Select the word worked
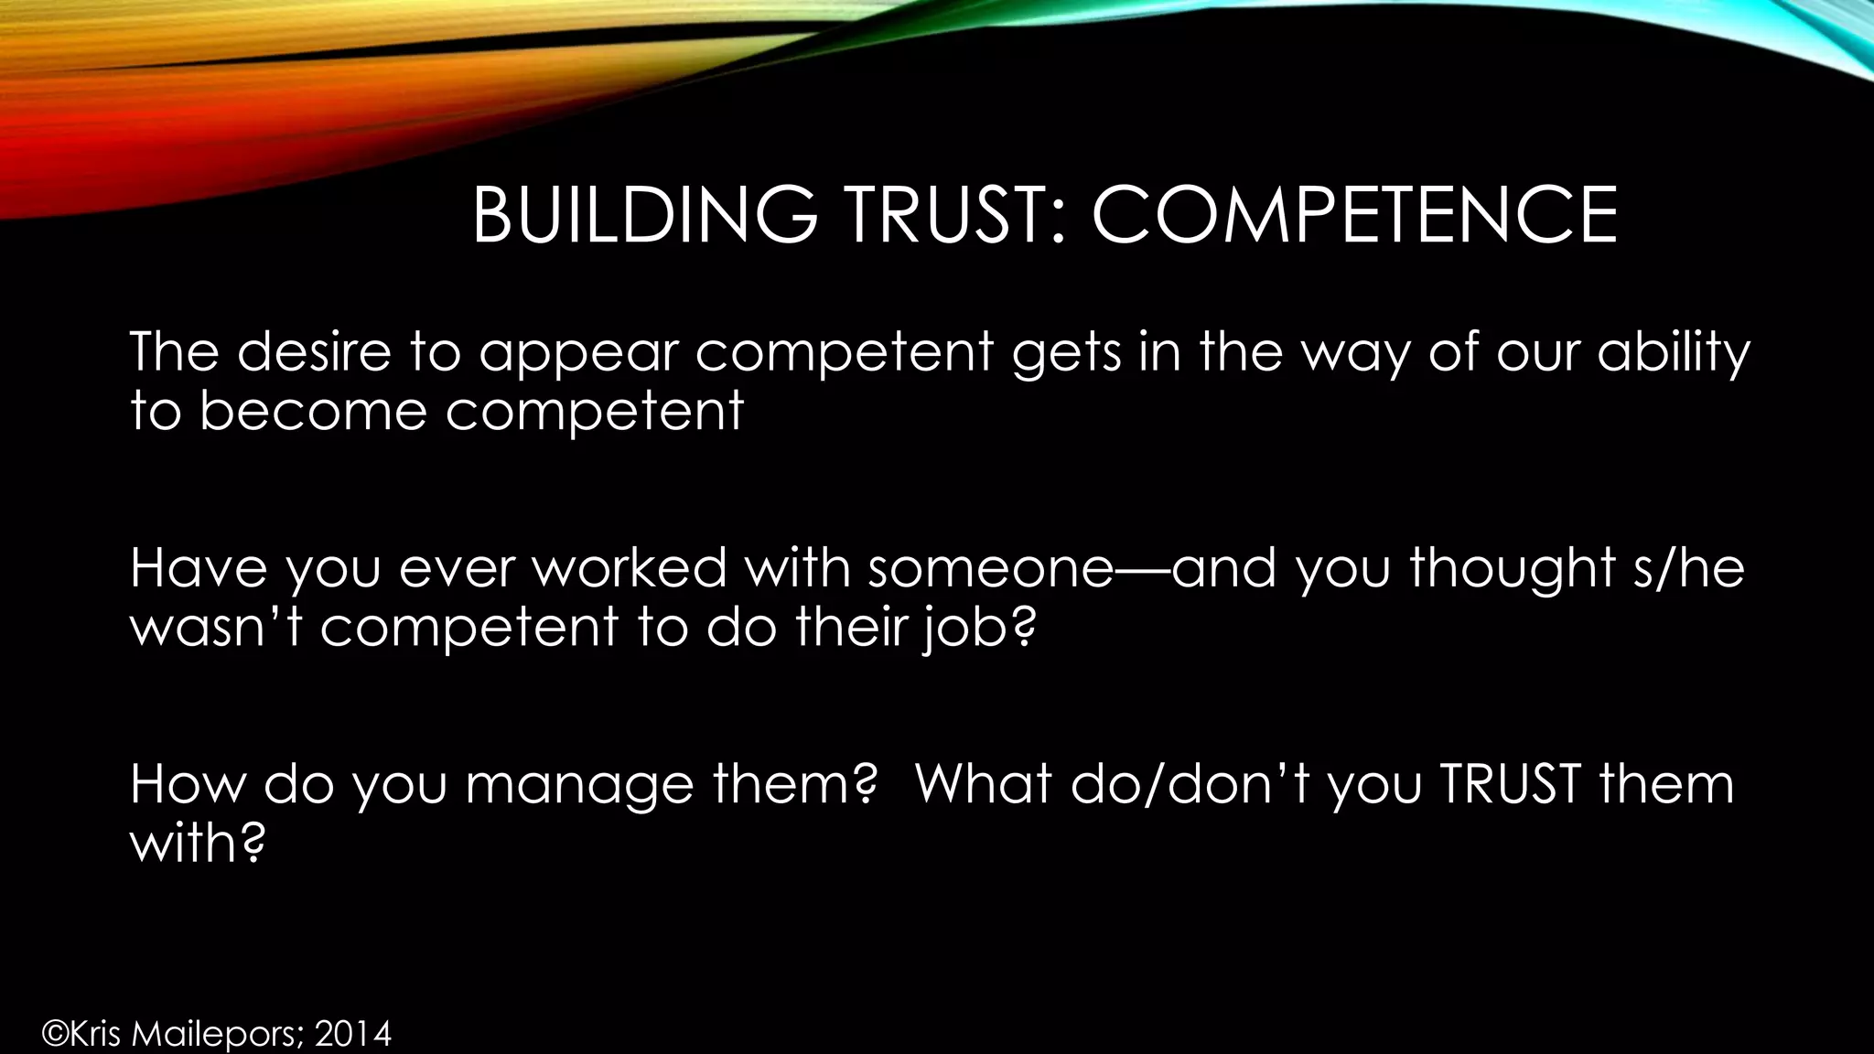[x=630, y=567]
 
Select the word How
[x=188, y=783]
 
